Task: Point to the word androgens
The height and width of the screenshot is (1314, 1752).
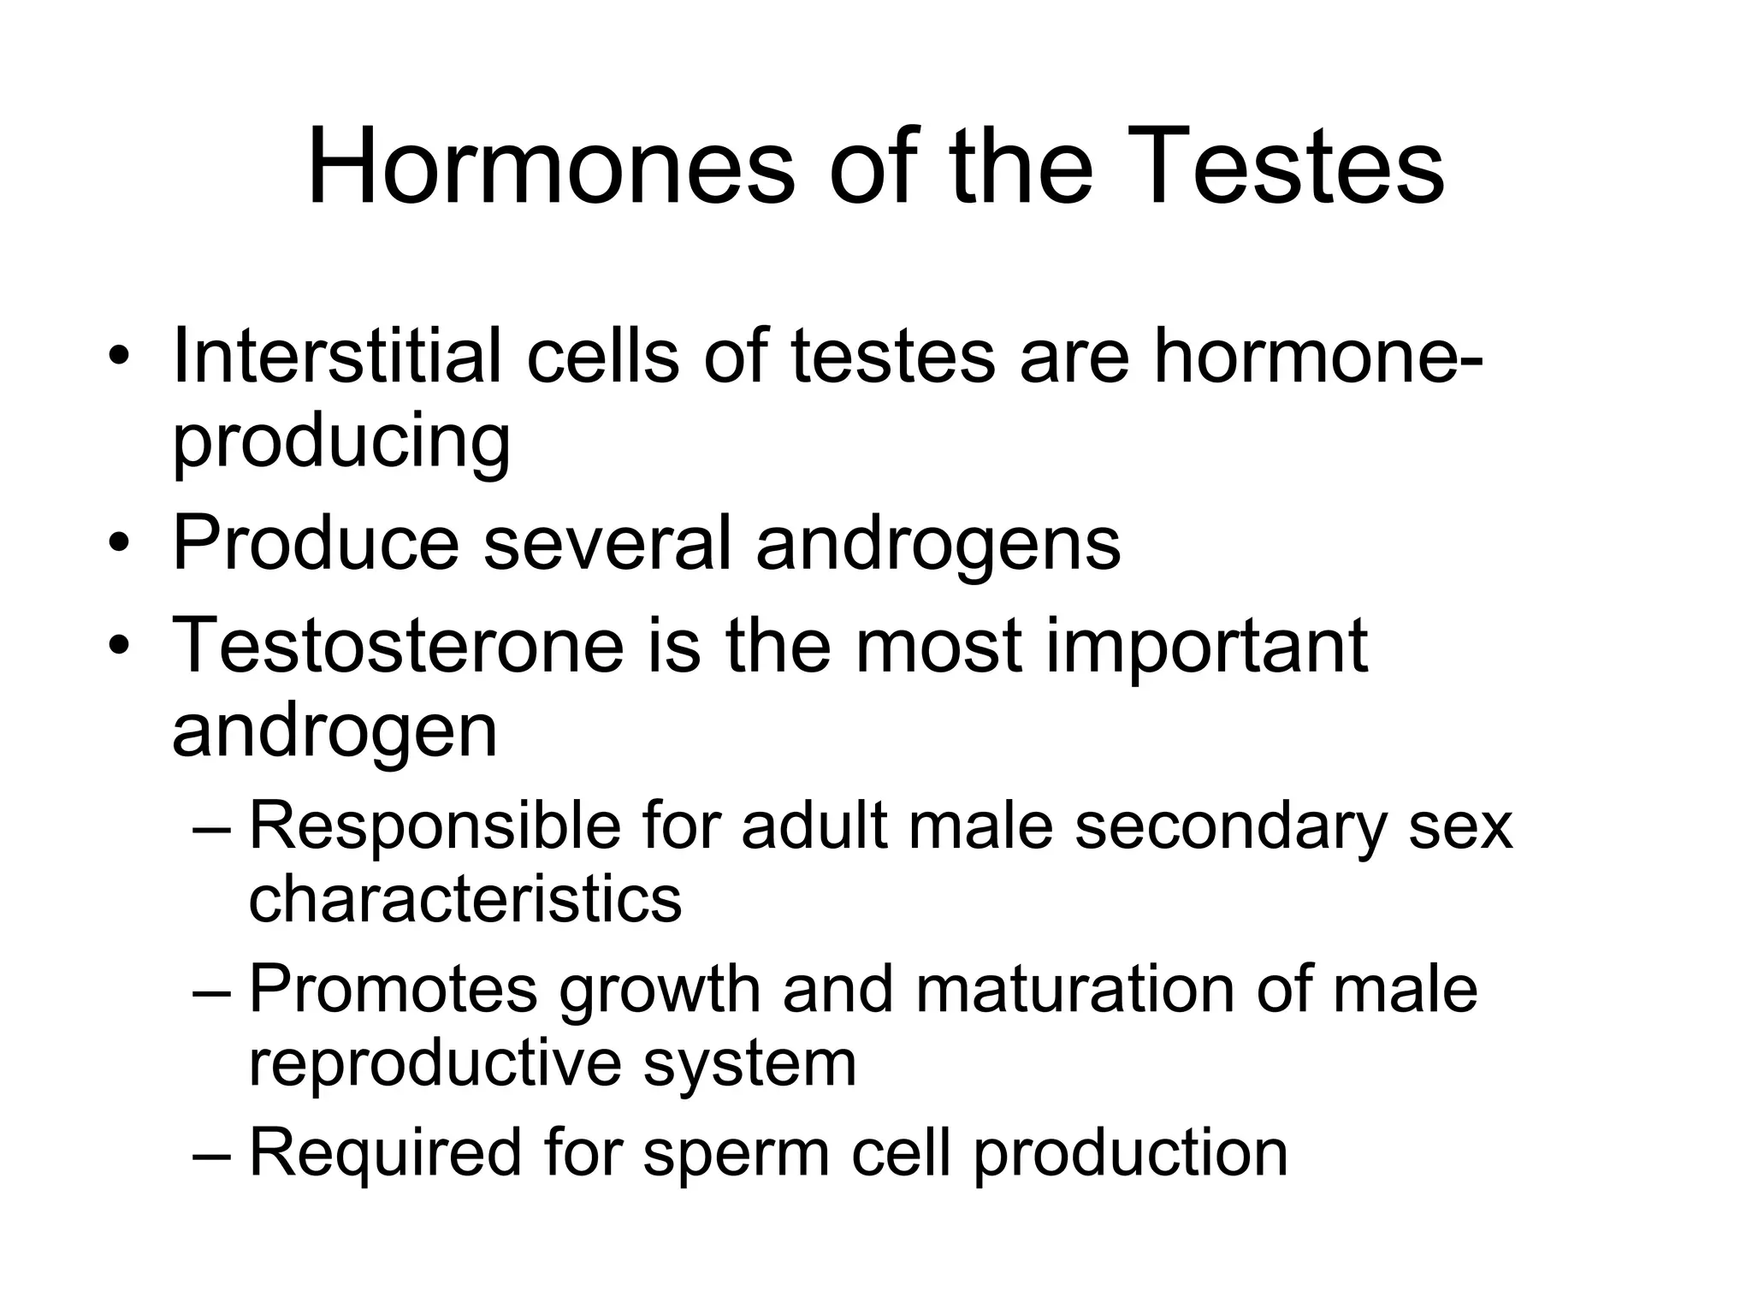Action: click(x=938, y=544)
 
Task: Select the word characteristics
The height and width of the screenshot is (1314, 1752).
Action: click(x=465, y=899)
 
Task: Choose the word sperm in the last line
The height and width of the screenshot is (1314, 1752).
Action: click(x=737, y=1152)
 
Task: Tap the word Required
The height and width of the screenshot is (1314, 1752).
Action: click(x=385, y=1152)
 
